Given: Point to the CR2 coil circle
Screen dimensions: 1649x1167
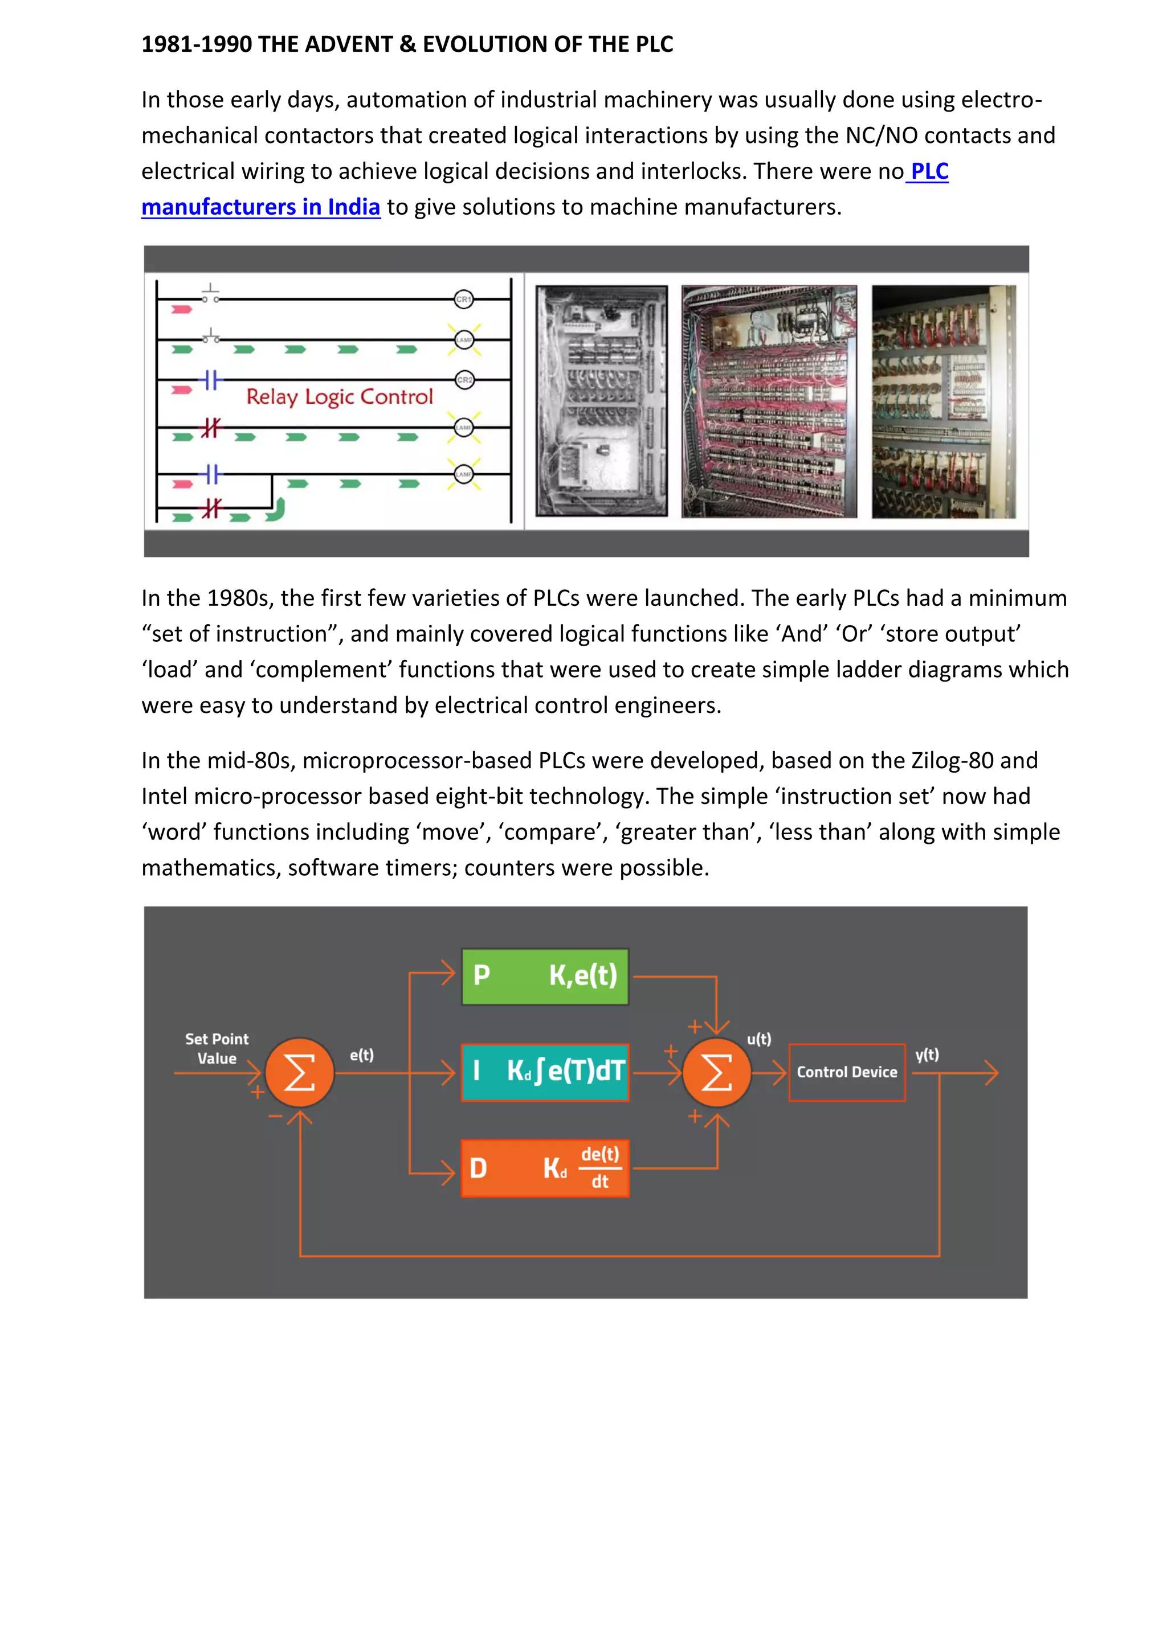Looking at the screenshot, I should pos(464,380).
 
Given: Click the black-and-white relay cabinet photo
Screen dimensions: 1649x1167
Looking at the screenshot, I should pos(602,401).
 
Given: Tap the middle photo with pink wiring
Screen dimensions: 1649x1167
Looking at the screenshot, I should pos(769,401).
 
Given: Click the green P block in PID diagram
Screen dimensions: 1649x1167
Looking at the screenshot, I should pos(545,976).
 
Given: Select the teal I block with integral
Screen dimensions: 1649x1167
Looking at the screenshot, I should pos(545,1072).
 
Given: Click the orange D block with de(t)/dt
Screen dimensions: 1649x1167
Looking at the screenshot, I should pos(545,1168).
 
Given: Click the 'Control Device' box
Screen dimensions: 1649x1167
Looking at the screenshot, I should pos(847,1072).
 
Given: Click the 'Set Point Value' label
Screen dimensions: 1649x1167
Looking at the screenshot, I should pos(217,1049).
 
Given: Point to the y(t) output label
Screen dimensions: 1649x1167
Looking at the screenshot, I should pos(927,1055).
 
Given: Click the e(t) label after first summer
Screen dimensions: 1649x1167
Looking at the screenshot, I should pos(361,1055).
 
